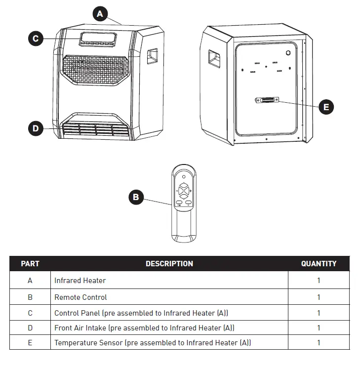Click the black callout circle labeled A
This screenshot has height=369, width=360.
tap(100, 14)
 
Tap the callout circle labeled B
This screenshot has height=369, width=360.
tap(136, 198)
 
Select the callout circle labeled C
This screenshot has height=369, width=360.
tap(35, 39)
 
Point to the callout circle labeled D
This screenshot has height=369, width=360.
tap(35, 129)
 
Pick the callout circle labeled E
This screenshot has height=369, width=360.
tap(325, 106)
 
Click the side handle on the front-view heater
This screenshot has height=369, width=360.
tap(152, 57)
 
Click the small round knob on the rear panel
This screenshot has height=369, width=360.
tap(287, 52)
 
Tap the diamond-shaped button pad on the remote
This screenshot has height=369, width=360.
tap(184, 190)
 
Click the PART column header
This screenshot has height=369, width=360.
tap(30, 264)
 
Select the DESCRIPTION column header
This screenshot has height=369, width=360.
tap(169, 264)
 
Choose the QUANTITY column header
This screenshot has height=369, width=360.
tap(319, 264)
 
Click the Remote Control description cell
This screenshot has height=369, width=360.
tap(80, 297)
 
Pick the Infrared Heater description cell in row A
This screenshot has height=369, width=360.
tap(80, 281)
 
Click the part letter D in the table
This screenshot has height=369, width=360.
tap(30, 328)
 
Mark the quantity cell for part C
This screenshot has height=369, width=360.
tap(319, 313)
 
